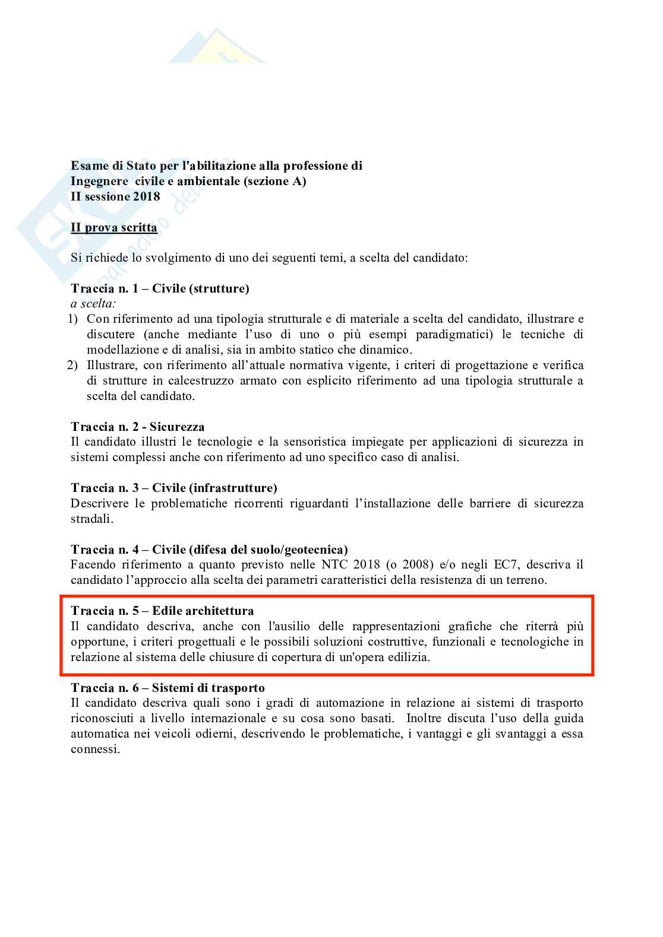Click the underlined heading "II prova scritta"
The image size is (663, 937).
pos(114,228)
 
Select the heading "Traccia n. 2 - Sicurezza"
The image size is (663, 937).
pos(137,426)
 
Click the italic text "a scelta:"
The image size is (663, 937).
pos(93,304)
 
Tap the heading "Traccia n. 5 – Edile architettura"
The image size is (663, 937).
pos(162,611)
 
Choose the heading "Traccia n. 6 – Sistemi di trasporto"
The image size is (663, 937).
pos(168,688)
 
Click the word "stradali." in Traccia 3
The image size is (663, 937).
pos(91,519)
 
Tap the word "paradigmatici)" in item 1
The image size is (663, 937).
pos(454,335)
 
